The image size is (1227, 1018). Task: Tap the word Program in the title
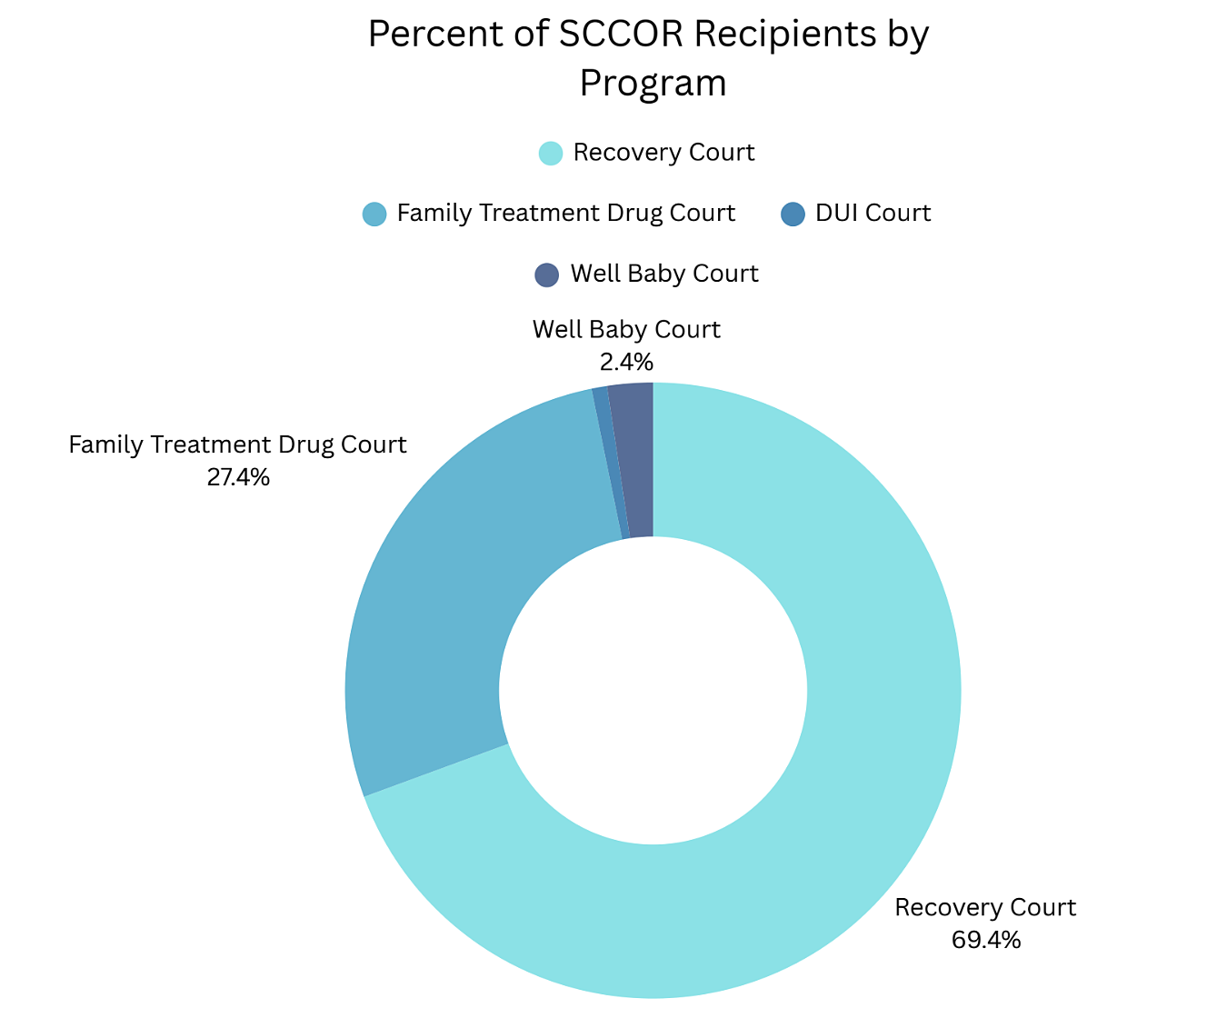[x=653, y=84]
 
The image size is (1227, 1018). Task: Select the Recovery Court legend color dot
[x=551, y=153]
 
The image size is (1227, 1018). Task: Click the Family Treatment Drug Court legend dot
[x=374, y=214]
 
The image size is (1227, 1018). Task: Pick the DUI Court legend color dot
[x=793, y=214]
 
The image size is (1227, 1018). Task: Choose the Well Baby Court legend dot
[x=546, y=274]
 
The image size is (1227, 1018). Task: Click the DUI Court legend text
[x=873, y=214]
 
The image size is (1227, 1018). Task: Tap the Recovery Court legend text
[x=663, y=153]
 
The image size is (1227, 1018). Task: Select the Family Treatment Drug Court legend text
[x=565, y=214]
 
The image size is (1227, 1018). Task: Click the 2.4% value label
[x=626, y=363]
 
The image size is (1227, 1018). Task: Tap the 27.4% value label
[x=238, y=477]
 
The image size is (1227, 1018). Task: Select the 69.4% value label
[x=986, y=940]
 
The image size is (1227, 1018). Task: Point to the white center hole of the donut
[x=653, y=691]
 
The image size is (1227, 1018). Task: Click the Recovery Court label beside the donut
[x=985, y=908]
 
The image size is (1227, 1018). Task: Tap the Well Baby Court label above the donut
[x=626, y=330]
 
